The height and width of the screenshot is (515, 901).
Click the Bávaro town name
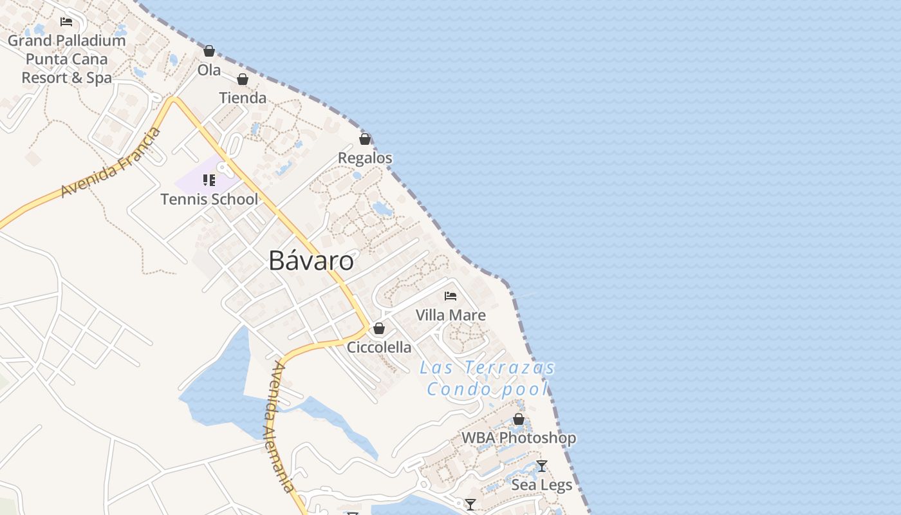[x=311, y=261]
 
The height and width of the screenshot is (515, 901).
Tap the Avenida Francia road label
[x=110, y=163]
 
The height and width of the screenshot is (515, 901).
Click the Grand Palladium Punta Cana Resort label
[x=67, y=59]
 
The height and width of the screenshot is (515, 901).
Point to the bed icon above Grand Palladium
[x=66, y=21]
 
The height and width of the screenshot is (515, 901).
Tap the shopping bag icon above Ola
[x=209, y=51]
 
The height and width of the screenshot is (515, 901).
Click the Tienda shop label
[x=243, y=98]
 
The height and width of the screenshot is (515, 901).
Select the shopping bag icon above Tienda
[x=243, y=79]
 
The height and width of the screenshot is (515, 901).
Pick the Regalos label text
[x=365, y=158]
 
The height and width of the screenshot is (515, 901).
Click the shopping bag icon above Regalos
[x=365, y=139]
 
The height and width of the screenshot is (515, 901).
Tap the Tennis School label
[x=209, y=199]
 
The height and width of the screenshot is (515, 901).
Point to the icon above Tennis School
[x=209, y=180]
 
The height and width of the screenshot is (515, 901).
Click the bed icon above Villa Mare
[x=450, y=296]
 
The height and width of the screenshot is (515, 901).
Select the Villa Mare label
[x=450, y=315]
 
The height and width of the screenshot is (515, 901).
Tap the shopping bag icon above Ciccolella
[x=379, y=328]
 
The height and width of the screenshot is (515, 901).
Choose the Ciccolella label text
[x=379, y=348]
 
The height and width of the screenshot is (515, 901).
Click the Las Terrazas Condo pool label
[x=487, y=379]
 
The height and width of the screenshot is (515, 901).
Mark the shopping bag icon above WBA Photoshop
[x=519, y=420]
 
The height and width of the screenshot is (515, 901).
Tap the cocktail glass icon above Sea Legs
[x=542, y=466]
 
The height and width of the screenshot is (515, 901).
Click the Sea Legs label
[x=542, y=485]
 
